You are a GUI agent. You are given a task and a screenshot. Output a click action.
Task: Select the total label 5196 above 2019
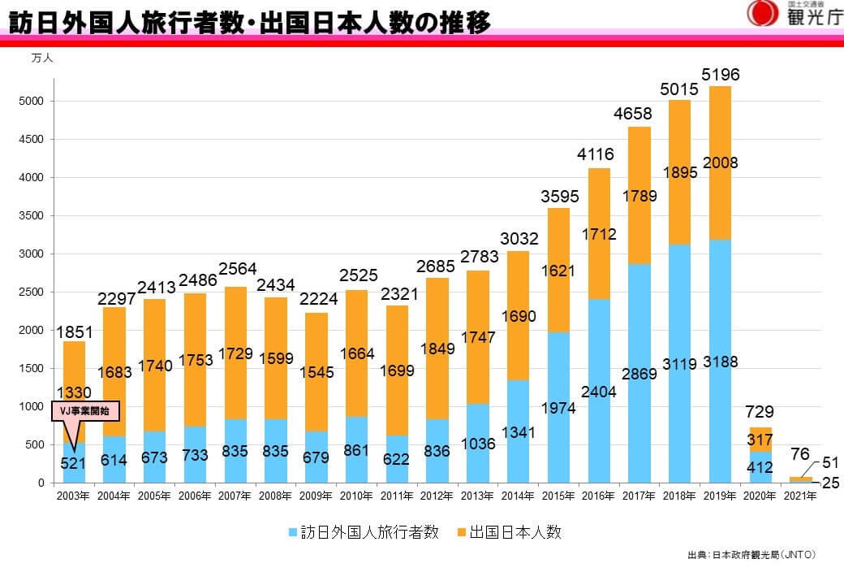(721, 75)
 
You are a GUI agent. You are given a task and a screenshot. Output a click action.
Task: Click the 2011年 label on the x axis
(398, 496)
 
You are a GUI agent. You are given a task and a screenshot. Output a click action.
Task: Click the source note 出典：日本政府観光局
(751, 556)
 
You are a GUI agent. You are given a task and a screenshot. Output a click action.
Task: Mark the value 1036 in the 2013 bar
(477, 444)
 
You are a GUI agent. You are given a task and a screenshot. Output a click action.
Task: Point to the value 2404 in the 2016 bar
(599, 392)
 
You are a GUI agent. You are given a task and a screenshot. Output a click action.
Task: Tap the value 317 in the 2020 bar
(760, 440)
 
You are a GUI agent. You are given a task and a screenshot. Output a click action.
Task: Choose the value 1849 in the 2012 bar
(438, 349)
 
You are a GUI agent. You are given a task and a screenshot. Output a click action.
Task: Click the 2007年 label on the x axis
(236, 496)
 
